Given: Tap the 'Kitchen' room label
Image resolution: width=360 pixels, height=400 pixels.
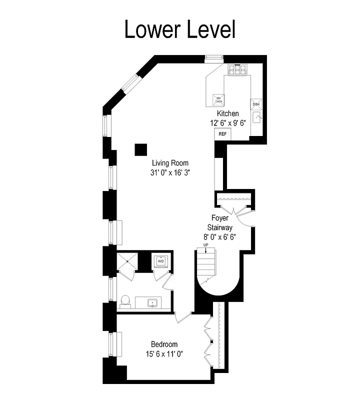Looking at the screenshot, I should tap(227, 113).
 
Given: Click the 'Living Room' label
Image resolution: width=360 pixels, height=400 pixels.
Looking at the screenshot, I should tap(170, 163).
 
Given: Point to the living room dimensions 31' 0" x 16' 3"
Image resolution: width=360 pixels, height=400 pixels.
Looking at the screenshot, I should tap(170, 172).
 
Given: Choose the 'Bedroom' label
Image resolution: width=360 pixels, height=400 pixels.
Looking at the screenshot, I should tap(164, 344).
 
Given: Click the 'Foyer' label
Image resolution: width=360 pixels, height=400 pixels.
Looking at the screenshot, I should tap(220, 218).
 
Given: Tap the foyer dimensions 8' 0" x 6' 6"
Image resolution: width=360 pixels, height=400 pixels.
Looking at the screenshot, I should tap(220, 236).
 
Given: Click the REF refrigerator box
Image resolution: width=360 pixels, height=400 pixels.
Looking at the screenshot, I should tap(222, 134).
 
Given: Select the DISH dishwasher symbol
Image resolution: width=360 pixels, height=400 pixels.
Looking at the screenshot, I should tap(256, 104).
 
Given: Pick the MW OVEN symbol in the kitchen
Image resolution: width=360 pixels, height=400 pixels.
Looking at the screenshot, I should tap(218, 99).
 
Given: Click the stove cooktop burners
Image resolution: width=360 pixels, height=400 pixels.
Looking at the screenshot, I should tap(238, 70).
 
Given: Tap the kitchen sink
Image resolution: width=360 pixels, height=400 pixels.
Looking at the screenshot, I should tap(258, 118).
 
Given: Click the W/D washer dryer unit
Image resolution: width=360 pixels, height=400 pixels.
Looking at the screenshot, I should tap(161, 261).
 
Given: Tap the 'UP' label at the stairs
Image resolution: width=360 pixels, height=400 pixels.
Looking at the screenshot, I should tap(205, 245).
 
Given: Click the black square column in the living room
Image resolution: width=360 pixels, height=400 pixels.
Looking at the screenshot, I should tap(140, 149).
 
